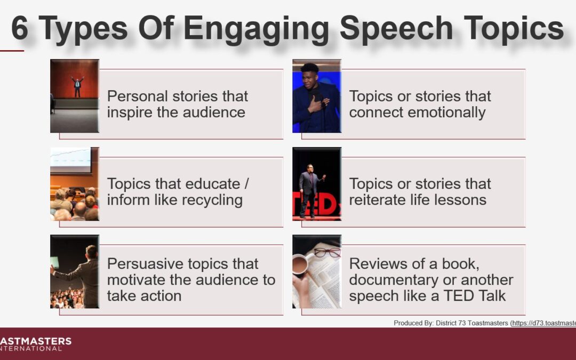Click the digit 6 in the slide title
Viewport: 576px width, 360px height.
click(20, 28)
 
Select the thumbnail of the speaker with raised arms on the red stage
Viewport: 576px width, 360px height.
click(75, 96)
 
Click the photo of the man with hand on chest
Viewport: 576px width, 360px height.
click(317, 96)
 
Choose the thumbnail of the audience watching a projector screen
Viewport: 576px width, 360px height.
click(75, 184)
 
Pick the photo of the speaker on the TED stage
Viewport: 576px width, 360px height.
click(317, 184)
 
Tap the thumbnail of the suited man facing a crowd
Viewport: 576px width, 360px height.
click(75, 271)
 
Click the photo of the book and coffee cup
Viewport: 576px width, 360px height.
click(317, 271)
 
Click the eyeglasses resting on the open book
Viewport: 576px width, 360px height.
click(327, 253)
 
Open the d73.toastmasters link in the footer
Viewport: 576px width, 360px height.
click(543, 323)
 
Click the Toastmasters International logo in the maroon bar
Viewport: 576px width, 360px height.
click(36, 344)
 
